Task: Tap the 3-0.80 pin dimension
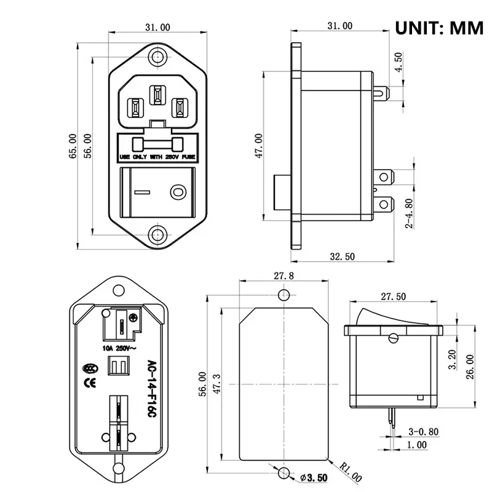click(x=424, y=432)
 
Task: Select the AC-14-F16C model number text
click(x=149, y=389)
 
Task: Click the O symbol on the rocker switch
click(x=178, y=192)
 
